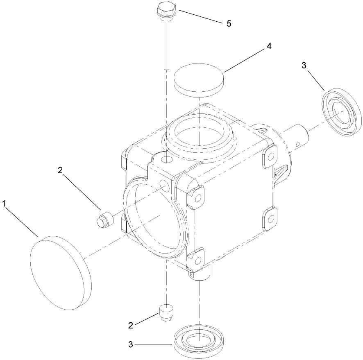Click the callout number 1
pos(5,204)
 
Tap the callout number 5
pos(229,23)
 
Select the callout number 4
pos(269,46)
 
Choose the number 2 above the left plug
pos(61,171)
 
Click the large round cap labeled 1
pos(59,273)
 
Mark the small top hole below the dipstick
pos(166,158)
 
